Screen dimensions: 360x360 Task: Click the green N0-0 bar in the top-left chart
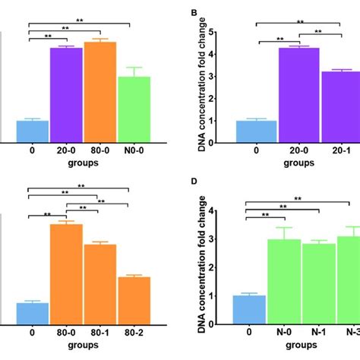point(134,109)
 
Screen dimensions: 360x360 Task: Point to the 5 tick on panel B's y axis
point(225,32)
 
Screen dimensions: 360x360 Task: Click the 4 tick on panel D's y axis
point(225,212)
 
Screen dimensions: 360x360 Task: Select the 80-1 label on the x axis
point(100,331)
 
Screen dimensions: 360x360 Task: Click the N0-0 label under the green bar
point(134,151)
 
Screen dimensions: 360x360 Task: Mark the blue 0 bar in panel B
point(256,131)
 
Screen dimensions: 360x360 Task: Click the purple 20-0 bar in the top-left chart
point(66,94)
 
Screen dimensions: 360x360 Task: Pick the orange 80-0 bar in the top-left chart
point(100,91)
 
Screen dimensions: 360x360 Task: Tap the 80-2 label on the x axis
point(134,331)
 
